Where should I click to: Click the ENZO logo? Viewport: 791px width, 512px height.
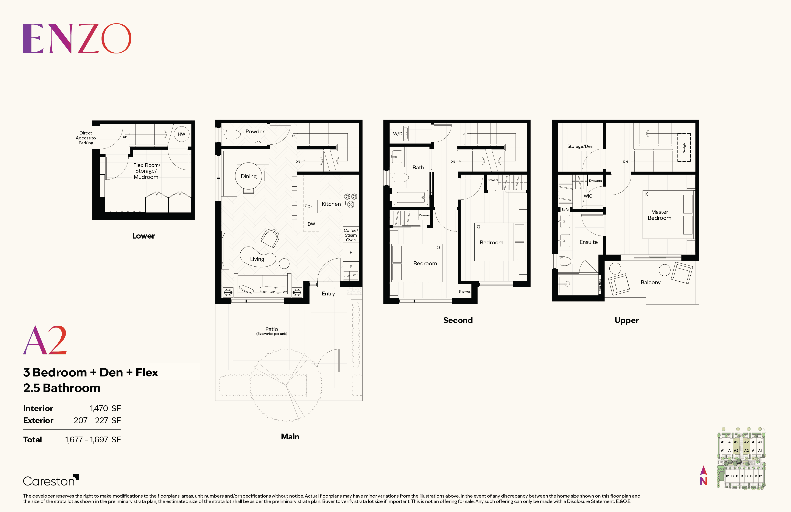[77, 38]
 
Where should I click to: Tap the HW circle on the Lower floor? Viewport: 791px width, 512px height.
[181, 134]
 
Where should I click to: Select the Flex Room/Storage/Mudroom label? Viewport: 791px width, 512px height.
[146, 171]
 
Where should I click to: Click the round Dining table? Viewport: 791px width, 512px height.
[249, 176]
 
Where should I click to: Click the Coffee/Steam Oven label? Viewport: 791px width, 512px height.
[351, 235]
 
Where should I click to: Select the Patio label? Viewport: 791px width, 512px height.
[272, 329]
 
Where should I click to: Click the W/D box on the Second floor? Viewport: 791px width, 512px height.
[398, 134]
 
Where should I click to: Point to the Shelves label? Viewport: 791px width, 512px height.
[464, 292]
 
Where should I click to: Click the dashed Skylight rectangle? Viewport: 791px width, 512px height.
[684, 147]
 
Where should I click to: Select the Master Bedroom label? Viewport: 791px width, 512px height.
[659, 215]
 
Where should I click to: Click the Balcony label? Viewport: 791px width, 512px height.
[650, 282]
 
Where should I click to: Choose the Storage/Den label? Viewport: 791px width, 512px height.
[580, 146]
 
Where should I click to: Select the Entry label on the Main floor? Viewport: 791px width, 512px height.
[328, 293]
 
